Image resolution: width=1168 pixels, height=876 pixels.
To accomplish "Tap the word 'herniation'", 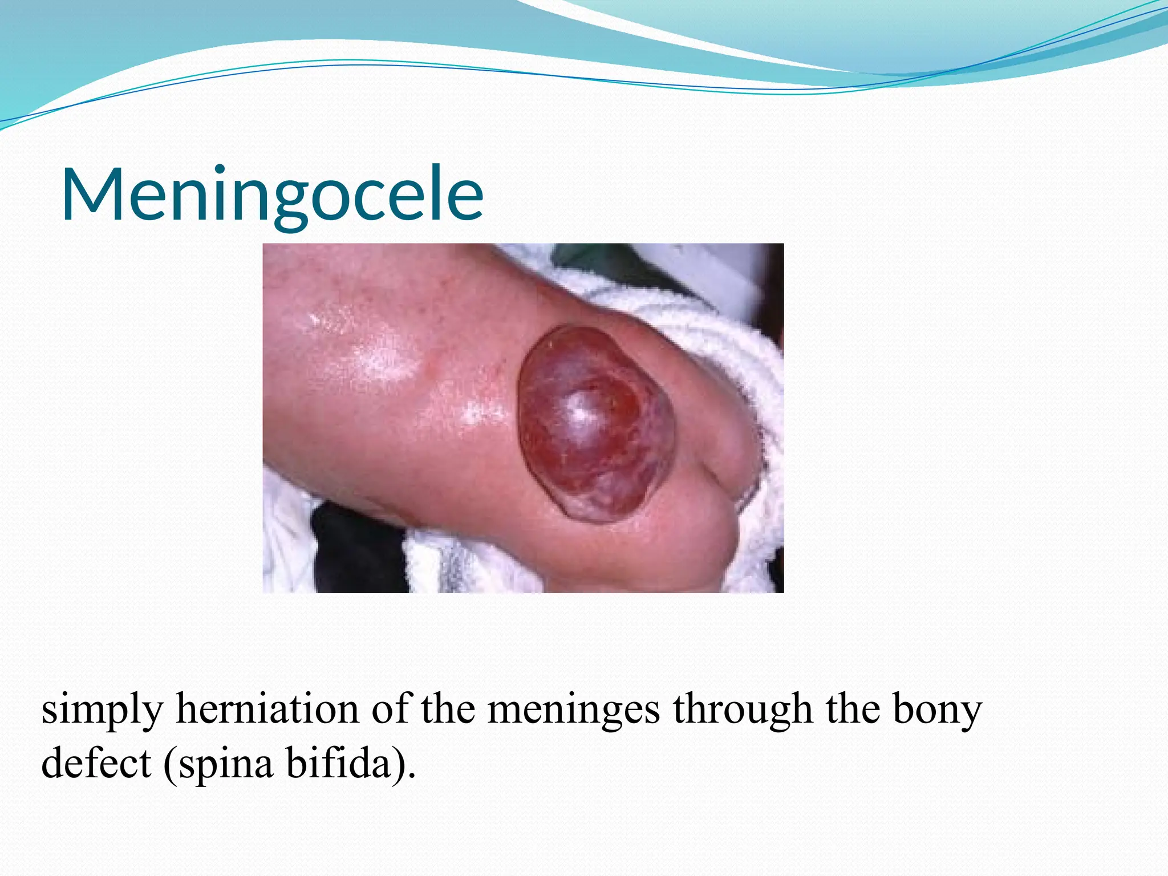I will click(267, 709).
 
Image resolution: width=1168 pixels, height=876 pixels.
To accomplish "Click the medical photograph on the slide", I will click(523, 418).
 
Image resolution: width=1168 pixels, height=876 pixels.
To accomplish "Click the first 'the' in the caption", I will click(448, 709).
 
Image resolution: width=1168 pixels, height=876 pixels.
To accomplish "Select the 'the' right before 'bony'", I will click(852, 709).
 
